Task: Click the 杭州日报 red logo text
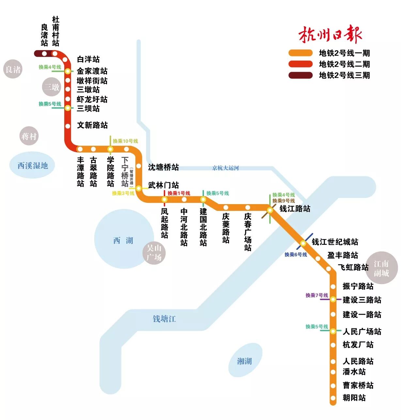[330, 34]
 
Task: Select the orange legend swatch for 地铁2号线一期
[300, 53]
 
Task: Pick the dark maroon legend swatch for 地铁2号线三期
[300, 75]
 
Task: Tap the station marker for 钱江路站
[270, 210]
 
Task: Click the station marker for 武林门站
[139, 188]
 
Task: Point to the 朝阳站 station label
[354, 398]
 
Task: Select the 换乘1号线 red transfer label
[179, 193]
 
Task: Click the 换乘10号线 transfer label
[125, 141]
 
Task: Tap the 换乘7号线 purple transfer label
[316, 295]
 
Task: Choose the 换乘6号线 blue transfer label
[296, 255]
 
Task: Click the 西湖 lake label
[123, 241]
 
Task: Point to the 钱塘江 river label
[164, 319]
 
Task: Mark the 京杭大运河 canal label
[225, 168]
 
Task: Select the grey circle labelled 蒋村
[29, 136]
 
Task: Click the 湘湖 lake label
[244, 361]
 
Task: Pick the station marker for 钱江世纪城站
[303, 243]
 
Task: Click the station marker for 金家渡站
[68, 71]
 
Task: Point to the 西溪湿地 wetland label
[33, 166]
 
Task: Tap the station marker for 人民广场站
[333, 331]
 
